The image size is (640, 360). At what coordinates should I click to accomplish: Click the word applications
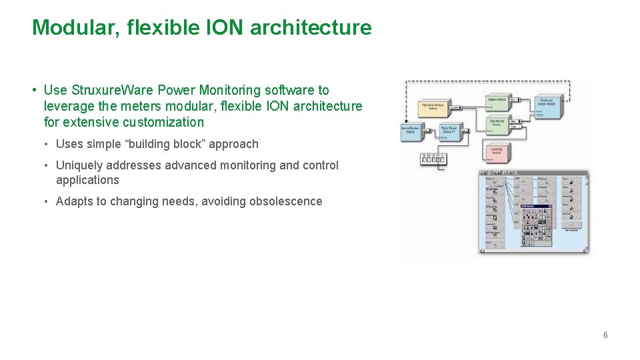tap(87, 180)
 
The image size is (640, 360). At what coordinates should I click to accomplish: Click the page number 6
tap(605, 335)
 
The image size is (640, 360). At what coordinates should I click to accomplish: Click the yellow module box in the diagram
tap(433, 107)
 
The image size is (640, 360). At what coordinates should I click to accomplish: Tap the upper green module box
tap(497, 101)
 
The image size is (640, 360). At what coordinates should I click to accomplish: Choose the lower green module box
tap(497, 123)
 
